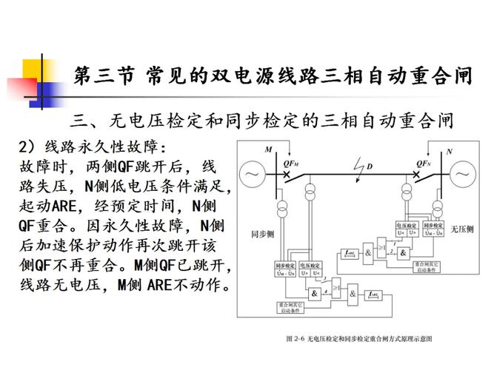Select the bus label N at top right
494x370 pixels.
(x=449, y=150)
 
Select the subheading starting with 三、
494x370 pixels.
(x=259, y=119)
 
